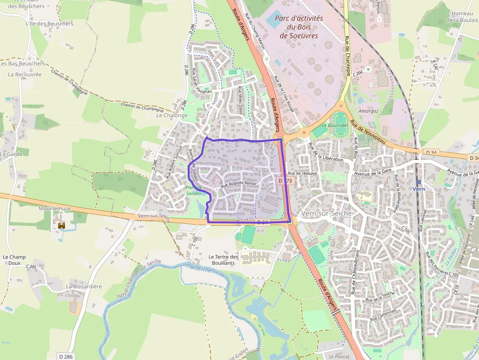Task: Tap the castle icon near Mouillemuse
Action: (62, 225)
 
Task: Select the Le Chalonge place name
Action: (172, 116)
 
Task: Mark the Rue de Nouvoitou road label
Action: (368, 135)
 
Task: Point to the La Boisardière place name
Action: (84, 286)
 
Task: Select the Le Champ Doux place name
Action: (14, 259)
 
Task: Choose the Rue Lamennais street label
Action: (383, 313)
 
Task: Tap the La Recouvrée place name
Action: (25, 75)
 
